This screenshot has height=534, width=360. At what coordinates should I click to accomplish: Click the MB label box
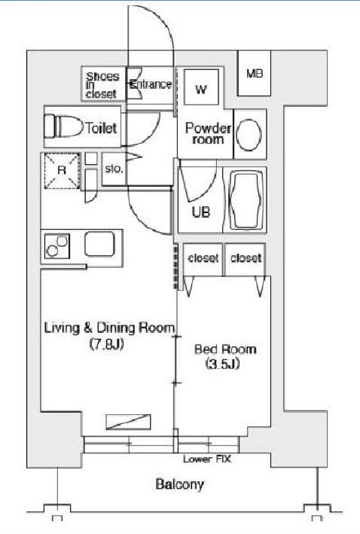point(254,73)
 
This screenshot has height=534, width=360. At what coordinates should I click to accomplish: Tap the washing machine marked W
point(201,87)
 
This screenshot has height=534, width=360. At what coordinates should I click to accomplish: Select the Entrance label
point(151,84)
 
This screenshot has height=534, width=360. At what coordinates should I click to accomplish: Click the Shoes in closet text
point(102,85)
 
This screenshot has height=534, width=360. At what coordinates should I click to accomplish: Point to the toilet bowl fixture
point(64,127)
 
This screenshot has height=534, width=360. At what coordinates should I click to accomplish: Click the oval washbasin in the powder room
point(249,135)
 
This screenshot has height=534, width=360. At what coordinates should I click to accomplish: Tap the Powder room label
point(208,133)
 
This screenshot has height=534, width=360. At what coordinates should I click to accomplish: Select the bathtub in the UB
point(247,200)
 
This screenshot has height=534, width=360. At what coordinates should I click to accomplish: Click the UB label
point(200,212)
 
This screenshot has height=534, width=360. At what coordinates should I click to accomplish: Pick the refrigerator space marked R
point(62,170)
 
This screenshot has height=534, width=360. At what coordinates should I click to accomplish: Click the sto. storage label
point(114,169)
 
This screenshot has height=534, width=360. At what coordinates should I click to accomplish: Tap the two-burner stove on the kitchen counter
point(57,246)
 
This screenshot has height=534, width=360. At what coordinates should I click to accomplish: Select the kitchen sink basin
point(99,243)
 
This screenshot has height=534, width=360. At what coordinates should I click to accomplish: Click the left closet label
point(203,258)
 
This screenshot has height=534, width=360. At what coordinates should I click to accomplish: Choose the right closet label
point(246,258)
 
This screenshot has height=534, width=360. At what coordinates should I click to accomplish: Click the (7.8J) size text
point(106,344)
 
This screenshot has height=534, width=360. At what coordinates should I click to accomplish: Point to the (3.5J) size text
point(223,364)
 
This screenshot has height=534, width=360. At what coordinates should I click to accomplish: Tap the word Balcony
point(179,484)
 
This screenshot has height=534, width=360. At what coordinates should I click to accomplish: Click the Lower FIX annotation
point(207,459)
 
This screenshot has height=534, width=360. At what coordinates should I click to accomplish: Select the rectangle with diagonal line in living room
point(128,422)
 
